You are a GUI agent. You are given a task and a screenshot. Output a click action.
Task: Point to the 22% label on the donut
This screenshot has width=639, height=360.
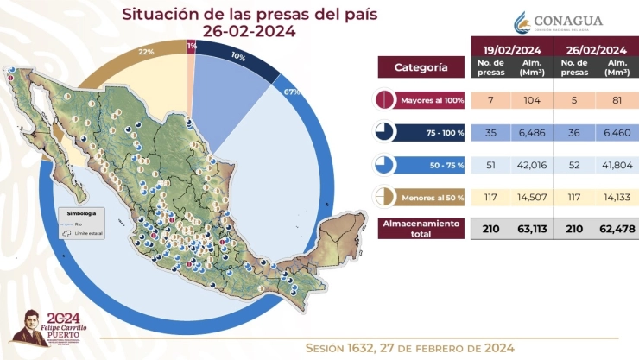point(146,53)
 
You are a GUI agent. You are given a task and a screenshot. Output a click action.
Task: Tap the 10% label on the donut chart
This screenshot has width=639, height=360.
point(238,57)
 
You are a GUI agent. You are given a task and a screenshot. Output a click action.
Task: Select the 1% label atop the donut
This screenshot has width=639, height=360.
point(191,45)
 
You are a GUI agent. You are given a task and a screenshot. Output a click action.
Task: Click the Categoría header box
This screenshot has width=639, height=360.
point(421,66)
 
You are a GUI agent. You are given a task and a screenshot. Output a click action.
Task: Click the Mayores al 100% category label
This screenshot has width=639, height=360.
point(432,101)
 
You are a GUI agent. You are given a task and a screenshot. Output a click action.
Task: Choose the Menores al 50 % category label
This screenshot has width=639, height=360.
point(432,198)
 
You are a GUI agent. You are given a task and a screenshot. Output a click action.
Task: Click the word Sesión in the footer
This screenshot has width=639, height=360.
point(333,347)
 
